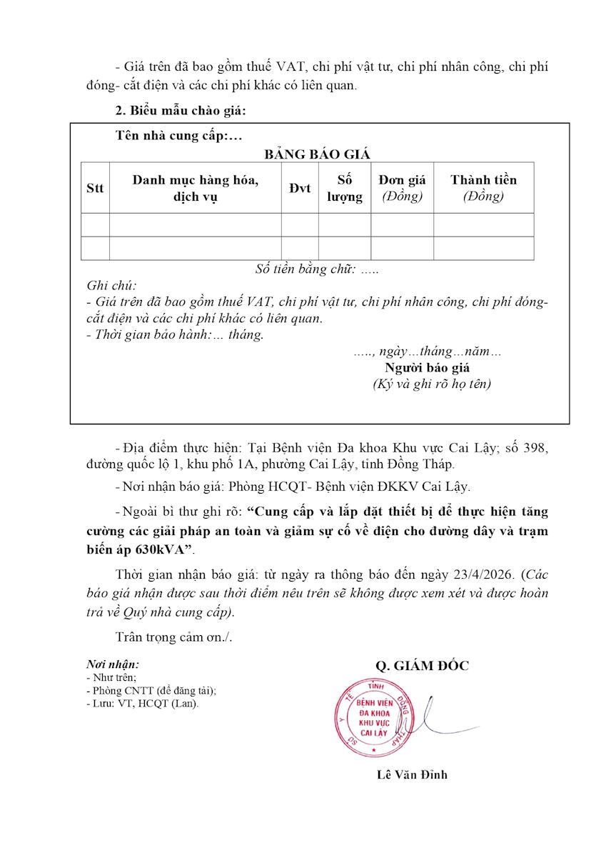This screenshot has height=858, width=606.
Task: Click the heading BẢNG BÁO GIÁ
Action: coord(318,154)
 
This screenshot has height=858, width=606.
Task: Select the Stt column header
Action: coord(95,188)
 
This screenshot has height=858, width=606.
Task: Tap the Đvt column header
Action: coord(300,188)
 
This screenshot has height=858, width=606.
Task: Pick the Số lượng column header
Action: coord(345,188)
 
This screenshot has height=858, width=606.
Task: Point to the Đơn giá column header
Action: coord(402,188)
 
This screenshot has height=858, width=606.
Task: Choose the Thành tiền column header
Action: coord(483,188)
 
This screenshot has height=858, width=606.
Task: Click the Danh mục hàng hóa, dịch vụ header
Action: coord(195,188)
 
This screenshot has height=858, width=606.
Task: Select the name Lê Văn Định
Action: coord(413,774)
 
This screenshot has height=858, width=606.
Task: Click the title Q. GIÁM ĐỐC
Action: coord(423,666)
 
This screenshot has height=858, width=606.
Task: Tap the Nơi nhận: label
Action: coord(113,664)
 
